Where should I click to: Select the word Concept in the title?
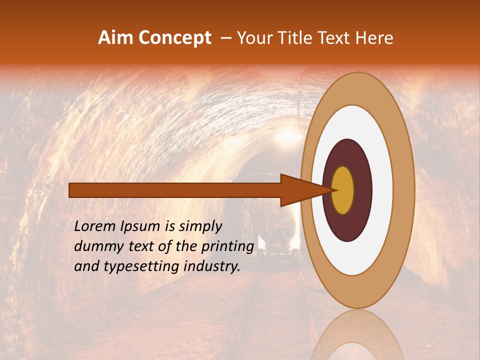click(x=174, y=38)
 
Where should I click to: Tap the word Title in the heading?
click(x=302, y=38)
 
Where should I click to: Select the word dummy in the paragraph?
click(x=95, y=246)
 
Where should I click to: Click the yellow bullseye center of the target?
click(x=342, y=190)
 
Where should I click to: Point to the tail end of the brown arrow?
click(x=73, y=190)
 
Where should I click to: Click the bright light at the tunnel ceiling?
click(x=288, y=134)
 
